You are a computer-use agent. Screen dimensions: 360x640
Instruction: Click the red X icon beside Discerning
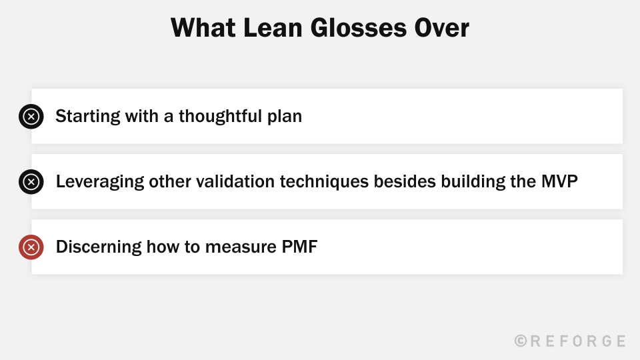tap(31, 247)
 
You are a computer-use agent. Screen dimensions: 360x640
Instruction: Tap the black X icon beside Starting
tap(31, 117)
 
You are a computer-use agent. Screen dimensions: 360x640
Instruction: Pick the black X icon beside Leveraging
tap(31, 181)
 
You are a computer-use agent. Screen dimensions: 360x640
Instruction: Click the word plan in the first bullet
tap(286, 116)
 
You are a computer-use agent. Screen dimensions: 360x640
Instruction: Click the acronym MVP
tap(559, 181)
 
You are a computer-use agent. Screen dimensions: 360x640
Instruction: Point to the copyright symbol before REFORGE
tap(521, 341)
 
